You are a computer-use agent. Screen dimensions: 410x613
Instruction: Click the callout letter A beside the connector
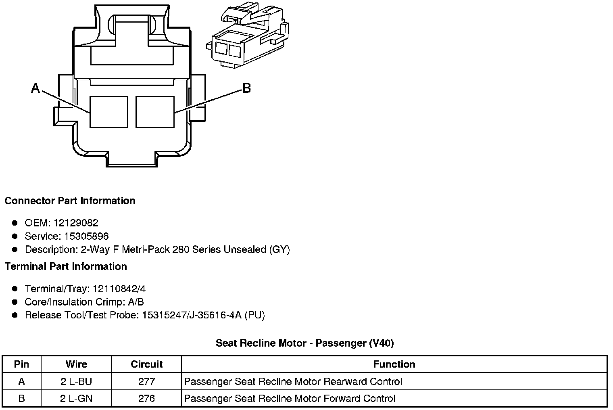coord(36,88)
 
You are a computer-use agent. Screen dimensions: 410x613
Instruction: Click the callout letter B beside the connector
coord(246,88)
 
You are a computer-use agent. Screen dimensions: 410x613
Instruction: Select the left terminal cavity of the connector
coord(108,112)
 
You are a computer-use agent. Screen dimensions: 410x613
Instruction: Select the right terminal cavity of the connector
coord(155,112)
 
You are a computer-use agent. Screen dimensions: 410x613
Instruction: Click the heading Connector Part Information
coord(70,201)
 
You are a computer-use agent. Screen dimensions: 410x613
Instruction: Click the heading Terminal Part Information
coord(66,267)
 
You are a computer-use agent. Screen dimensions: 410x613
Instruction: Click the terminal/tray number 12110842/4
coord(119,289)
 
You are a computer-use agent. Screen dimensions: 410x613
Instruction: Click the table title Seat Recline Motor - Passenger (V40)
coord(304,343)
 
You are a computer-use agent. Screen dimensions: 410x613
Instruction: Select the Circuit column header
coord(146,364)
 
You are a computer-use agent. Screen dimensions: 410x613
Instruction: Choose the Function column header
coord(394,364)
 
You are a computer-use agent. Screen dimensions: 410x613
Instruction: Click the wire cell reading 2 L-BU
coord(76,382)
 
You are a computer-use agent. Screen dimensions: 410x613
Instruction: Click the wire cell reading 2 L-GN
coord(76,399)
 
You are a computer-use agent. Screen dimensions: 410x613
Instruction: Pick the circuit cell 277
coord(146,382)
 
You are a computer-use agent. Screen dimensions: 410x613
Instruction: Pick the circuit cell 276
coord(146,399)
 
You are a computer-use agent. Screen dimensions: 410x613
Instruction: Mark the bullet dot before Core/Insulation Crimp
coord(15,302)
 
